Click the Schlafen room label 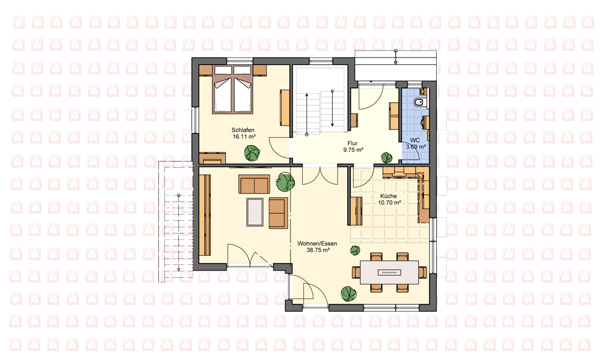[243, 131]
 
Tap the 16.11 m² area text [244, 137]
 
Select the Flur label [353, 143]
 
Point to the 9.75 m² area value [353, 149]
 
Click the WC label [415, 140]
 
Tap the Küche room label [388, 196]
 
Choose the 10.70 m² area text [390, 202]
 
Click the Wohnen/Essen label [317, 244]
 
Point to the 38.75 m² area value [318, 250]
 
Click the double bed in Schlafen [233, 90]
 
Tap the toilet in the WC [418, 102]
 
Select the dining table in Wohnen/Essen [390, 272]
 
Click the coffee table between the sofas [255, 212]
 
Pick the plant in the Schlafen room [252, 153]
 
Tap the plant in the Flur [387, 157]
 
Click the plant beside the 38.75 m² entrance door [349, 293]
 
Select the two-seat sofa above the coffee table [254, 184]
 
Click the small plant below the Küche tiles [355, 250]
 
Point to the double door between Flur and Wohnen [320, 174]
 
